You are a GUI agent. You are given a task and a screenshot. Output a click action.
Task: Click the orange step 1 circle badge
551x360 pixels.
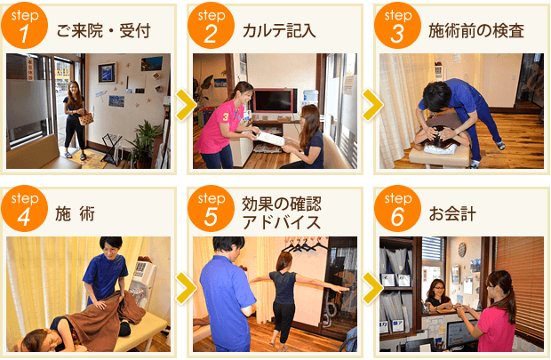click(24, 26)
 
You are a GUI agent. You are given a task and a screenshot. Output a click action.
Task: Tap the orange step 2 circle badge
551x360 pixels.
click(211, 26)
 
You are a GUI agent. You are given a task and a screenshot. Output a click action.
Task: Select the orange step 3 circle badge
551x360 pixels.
click(397, 26)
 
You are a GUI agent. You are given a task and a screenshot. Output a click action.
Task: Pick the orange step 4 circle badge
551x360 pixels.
click(24, 209)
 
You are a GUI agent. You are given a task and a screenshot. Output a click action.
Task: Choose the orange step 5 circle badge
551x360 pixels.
click(211, 209)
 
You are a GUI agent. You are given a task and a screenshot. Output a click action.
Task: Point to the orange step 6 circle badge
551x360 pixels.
click(397, 209)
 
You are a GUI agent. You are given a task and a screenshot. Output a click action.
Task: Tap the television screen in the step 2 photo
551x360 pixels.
click(275, 100)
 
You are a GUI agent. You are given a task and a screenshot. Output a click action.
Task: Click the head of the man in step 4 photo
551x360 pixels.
click(109, 247)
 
